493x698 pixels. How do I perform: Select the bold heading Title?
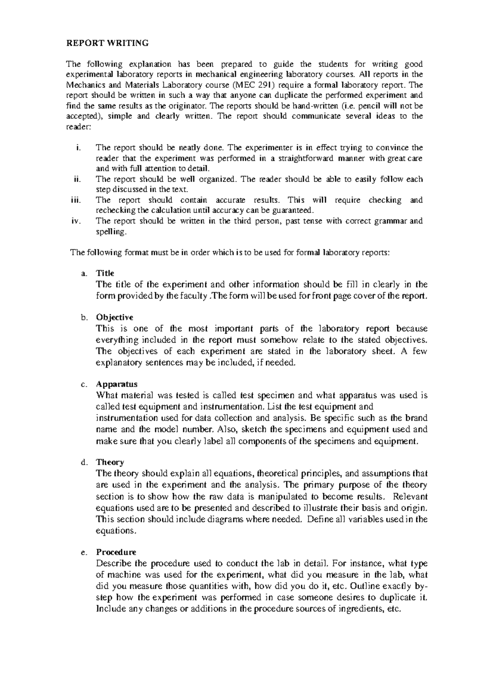tap(105, 273)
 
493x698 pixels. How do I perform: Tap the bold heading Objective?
tap(114, 318)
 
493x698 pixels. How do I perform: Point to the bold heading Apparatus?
tap(117, 385)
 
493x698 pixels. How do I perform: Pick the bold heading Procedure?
tap(116, 552)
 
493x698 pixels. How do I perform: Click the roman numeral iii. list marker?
tap(76, 200)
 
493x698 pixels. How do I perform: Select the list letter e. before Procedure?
tap(84, 553)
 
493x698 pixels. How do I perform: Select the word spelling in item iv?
tap(111, 232)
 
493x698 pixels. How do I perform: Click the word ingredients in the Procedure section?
tap(361, 609)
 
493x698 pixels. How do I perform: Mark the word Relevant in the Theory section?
tap(410, 496)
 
